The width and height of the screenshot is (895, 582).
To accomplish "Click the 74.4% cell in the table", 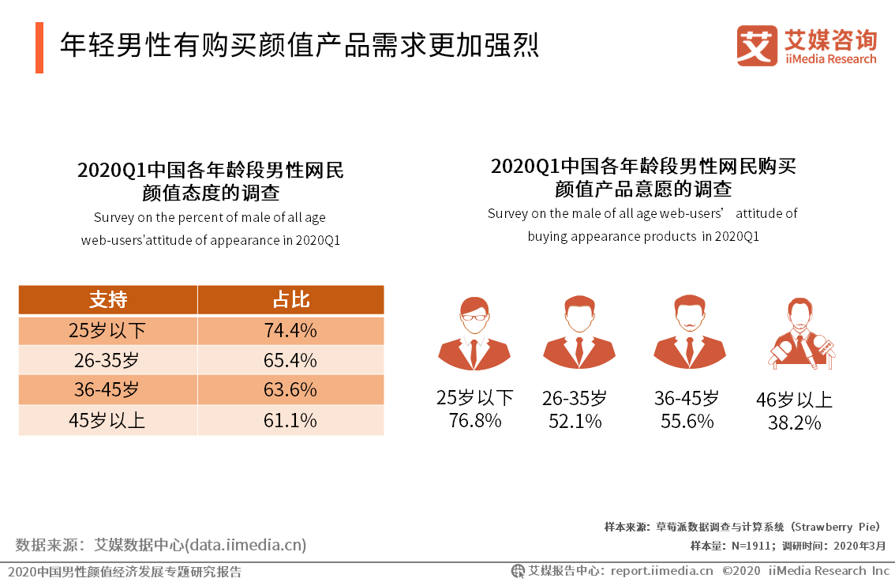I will click(290, 330).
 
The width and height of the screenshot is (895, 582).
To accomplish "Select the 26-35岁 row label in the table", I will click(107, 360).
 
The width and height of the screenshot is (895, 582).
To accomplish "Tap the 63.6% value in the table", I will click(290, 390).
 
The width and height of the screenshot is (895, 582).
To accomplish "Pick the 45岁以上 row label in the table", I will click(107, 420).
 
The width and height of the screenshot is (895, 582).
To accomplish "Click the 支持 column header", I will click(107, 300).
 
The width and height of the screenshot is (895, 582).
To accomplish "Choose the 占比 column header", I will click(290, 300).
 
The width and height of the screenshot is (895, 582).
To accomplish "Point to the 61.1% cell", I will click(290, 420).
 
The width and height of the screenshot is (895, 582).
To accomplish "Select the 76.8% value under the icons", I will click(474, 420).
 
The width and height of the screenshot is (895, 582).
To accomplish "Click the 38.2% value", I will click(794, 423).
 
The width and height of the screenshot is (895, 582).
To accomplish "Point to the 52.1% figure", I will click(575, 421).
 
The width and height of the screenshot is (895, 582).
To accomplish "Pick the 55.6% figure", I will click(687, 421).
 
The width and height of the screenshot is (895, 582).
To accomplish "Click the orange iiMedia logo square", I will click(757, 46).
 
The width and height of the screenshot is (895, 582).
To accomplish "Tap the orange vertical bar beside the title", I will click(39, 47).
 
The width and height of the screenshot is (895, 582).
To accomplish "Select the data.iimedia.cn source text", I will click(245, 545).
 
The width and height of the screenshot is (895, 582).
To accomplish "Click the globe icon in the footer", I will click(518, 570).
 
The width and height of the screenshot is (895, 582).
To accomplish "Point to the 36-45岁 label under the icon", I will click(686, 398).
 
